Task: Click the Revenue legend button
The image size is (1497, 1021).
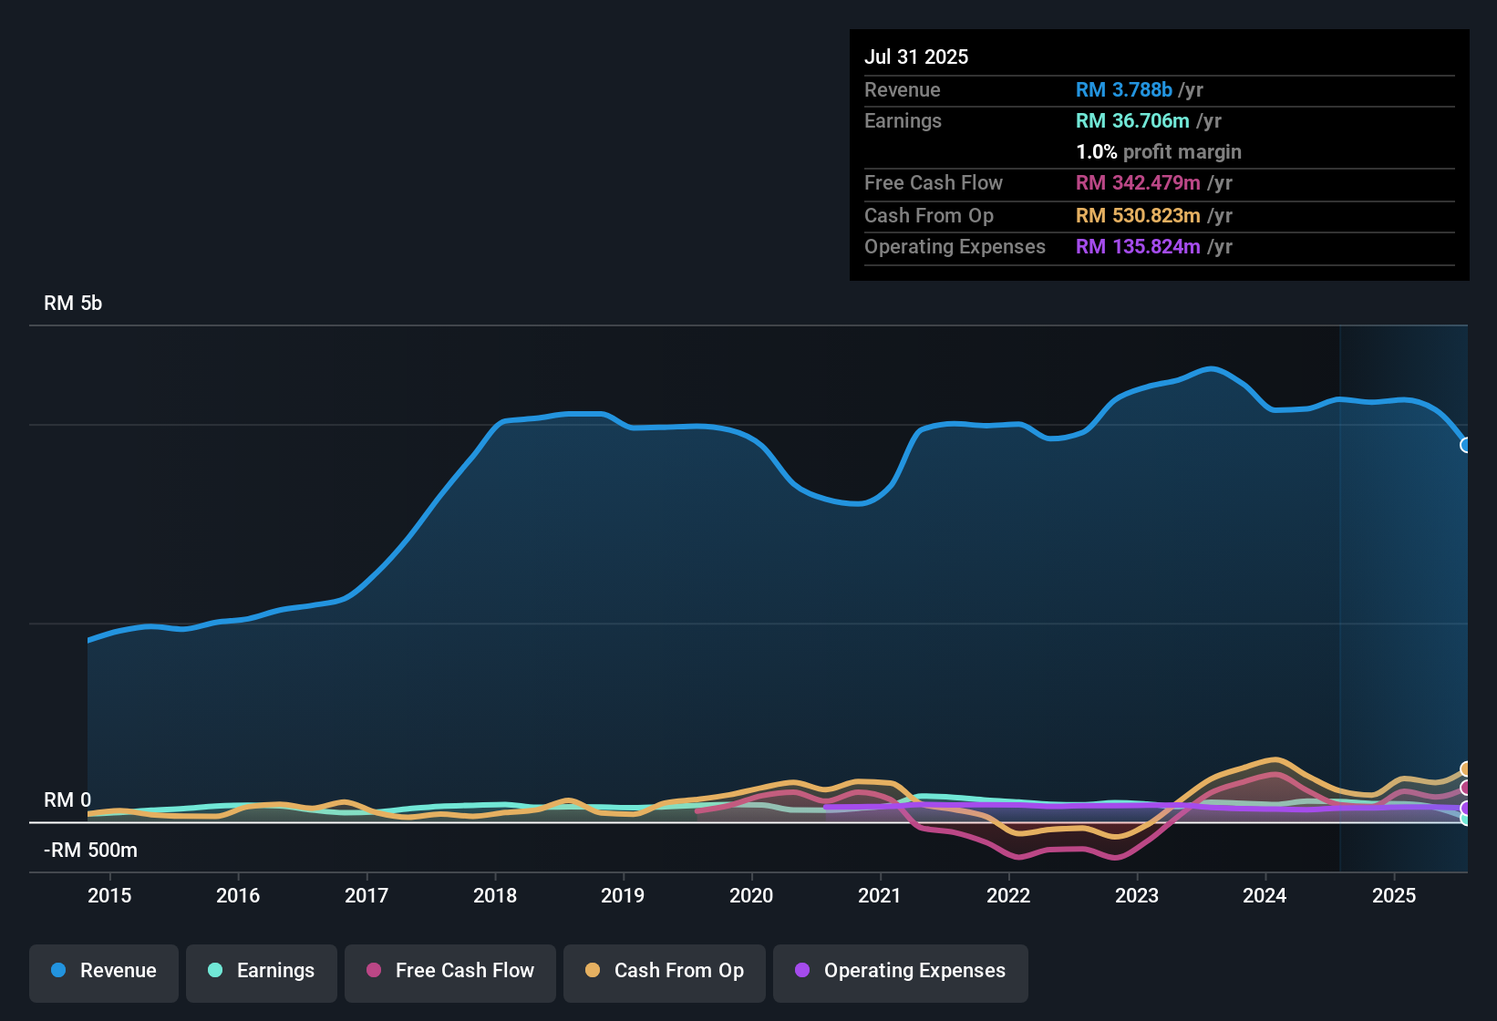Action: (x=104, y=971)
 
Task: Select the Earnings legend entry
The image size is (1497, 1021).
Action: (x=262, y=971)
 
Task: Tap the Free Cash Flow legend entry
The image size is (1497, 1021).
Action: (x=450, y=971)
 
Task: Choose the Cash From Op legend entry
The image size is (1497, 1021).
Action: (x=665, y=971)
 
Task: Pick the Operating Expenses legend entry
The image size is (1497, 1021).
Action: (x=901, y=971)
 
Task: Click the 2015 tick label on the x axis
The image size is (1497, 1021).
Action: (x=109, y=895)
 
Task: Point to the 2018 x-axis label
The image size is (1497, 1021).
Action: (x=495, y=895)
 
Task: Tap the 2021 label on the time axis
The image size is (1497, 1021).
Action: (x=880, y=895)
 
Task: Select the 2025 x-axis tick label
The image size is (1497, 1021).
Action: (x=1394, y=895)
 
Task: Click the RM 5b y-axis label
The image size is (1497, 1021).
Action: (x=73, y=304)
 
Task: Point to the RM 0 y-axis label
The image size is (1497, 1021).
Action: (x=67, y=799)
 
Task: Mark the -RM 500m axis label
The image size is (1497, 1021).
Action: (x=90, y=851)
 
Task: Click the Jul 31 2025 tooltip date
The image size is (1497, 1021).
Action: (x=916, y=57)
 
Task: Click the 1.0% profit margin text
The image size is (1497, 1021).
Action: (x=1158, y=151)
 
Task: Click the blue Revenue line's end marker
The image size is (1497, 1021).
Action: (x=1465, y=445)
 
